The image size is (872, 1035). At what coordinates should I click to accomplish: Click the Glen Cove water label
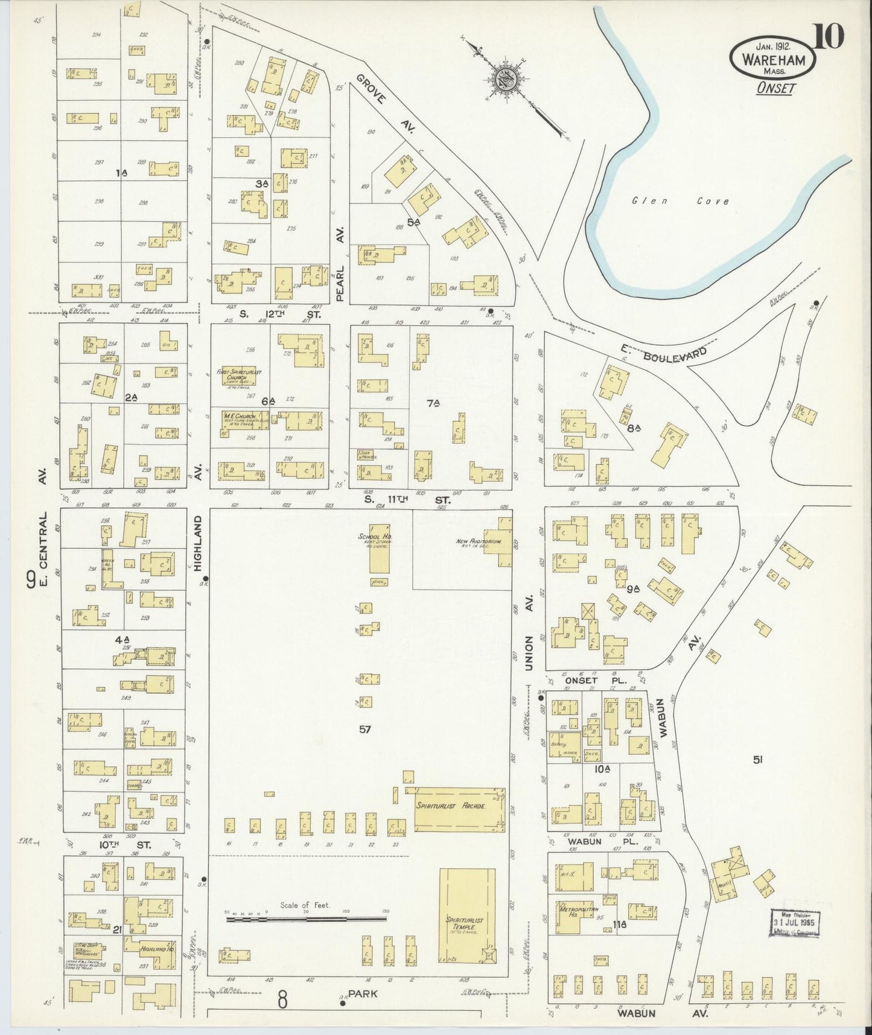[680, 202]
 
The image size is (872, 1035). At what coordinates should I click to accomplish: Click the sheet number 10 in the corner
[828, 36]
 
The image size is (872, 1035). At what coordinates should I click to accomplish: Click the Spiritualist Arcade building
[459, 809]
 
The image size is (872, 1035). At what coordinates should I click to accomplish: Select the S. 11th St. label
[404, 499]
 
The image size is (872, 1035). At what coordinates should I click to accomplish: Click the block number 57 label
[364, 729]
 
